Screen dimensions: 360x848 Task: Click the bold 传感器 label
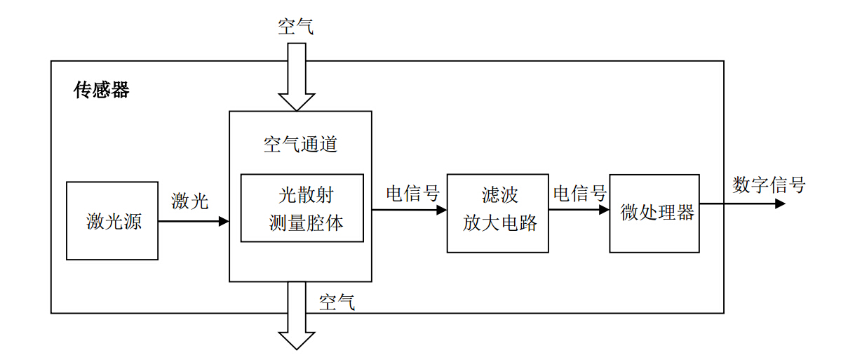tap(102, 91)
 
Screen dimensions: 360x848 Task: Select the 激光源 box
tap(112, 221)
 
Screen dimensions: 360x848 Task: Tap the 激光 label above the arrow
tap(190, 201)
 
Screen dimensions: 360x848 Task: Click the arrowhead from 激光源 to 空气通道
tap(224, 221)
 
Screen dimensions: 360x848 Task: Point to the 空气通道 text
tap(300, 145)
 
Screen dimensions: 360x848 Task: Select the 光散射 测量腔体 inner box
tap(302, 208)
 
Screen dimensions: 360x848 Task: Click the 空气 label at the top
tap(296, 27)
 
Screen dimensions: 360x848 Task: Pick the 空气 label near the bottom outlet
tap(337, 302)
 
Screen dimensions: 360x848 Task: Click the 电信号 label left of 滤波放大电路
tap(412, 193)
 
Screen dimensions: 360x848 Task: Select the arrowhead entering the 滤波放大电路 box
tap(441, 209)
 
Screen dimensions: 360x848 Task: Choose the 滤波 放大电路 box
tap(497, 213)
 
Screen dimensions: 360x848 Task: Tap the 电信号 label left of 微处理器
tap(579, 193)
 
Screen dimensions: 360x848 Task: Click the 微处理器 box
tap(654, 213)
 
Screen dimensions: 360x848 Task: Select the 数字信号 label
tap(769, 185)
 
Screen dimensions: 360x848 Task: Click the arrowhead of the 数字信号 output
tap(779, 204)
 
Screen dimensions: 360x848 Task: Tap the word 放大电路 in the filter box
tap(500, 223)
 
